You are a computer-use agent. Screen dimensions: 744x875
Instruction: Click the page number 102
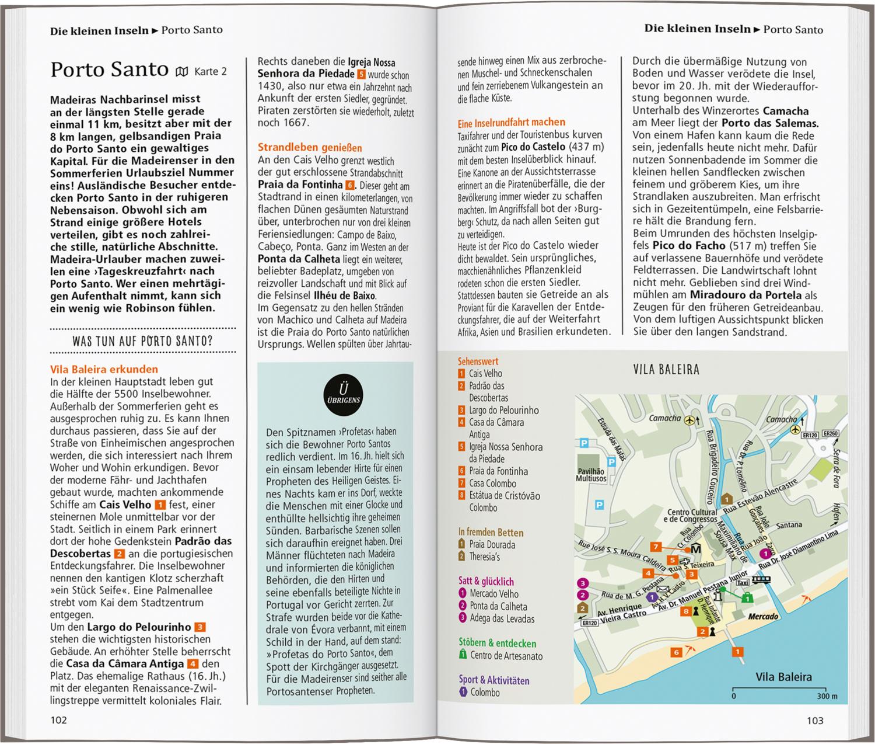point(59,719)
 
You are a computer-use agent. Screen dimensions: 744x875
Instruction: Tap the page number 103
point(815,720)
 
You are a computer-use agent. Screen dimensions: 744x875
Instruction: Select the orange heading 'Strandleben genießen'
point(310,148)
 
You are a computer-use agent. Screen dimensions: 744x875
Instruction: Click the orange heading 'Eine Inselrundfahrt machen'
point(512,122)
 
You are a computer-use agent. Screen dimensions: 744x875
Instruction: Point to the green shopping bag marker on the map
point(747,597)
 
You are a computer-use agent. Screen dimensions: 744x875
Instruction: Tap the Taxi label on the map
point(742,583)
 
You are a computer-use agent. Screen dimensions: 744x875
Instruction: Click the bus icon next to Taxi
point(761,579)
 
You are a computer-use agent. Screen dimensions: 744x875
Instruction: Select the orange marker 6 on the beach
point(676,652)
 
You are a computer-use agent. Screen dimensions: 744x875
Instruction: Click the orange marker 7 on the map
point(656,547)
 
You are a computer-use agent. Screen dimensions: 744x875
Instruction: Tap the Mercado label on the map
point(763,616)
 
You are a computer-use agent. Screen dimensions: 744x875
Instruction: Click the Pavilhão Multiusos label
point(591,474)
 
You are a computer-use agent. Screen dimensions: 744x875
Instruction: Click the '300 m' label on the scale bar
point(827,696)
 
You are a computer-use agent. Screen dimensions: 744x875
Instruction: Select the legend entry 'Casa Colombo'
point(492,484)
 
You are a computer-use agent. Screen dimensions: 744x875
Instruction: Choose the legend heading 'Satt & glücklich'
point(486,581)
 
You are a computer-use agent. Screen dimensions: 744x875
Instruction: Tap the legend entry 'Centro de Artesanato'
point(506,656)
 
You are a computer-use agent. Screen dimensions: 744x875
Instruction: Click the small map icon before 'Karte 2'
point(182,72)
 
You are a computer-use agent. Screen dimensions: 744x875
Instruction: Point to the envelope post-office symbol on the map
point(661,589)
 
